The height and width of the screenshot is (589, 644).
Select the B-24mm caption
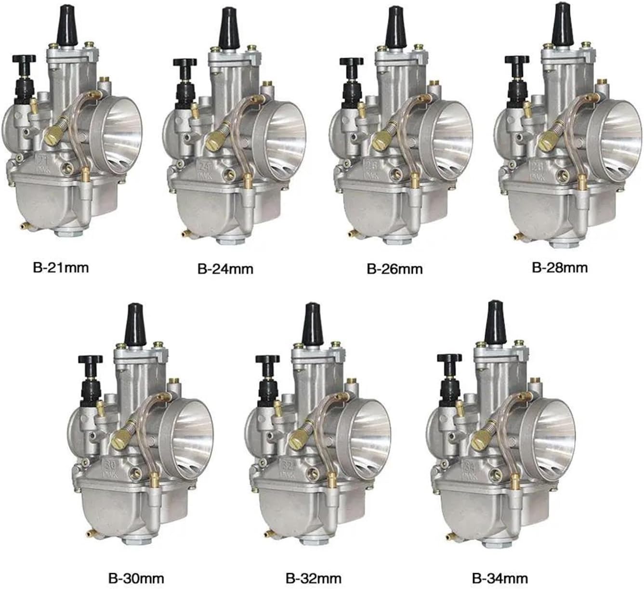tap(225, 268)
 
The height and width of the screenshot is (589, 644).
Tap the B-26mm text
tap(394, 268)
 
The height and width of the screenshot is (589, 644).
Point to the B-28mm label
tap(560, 267)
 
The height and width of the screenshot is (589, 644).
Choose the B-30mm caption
tap(136, 576)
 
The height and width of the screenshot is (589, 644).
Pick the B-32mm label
tap(314, 576)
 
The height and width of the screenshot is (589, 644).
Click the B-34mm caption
tap(499, 576)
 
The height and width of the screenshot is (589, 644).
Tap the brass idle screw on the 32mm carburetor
tap(298, 438)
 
